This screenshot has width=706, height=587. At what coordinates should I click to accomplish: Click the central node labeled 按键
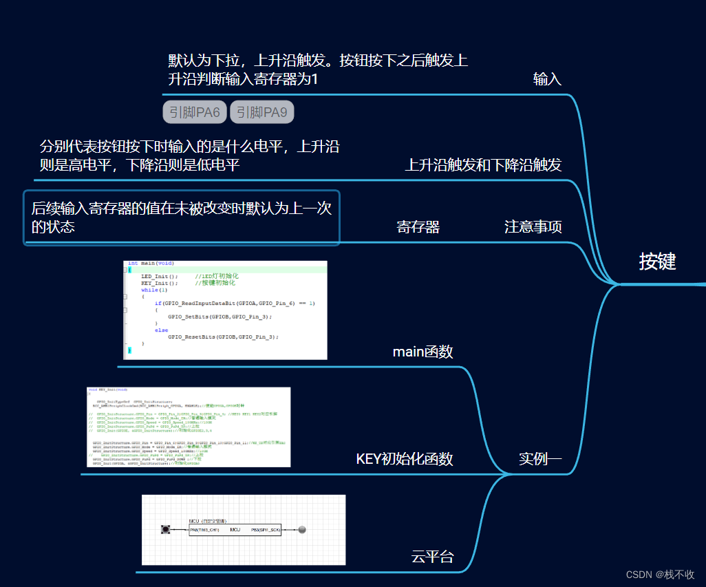click(x=657, y=262)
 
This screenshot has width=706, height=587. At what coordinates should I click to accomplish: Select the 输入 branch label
click(x=547, y=79)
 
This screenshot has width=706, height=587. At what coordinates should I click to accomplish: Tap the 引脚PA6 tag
click(x=194, y=112)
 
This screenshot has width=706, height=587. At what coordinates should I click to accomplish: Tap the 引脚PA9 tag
click(x=261, y=112)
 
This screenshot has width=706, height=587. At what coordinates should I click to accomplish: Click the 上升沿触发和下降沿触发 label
click(x=483, y=165)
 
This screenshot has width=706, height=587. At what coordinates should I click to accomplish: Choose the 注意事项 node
click(x=533, y=227)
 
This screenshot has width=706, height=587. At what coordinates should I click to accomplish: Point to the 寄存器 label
click(x=418, y=227)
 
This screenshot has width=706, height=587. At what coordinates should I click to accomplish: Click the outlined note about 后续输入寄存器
click(x=182, y=217)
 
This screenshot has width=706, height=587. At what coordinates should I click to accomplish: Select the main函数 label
click(x=422, y=352)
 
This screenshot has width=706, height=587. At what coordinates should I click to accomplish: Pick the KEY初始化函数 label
click(x=405, y=459)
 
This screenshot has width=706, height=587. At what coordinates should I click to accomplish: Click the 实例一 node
click(x=540, y=459)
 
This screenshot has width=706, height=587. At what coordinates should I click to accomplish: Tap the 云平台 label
click(x=432, y=557)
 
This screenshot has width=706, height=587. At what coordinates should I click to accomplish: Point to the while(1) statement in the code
click(x=154, y=290)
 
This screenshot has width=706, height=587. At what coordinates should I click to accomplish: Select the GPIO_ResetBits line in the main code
click(x=223, y=337)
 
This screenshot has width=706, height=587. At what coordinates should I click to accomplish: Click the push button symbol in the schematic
click(x=165, y=529)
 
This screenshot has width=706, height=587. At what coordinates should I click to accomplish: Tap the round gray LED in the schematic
click(x=301, y=530)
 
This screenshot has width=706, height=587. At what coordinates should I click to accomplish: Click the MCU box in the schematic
click(x=235, y=530)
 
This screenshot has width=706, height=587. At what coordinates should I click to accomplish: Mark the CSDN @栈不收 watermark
click(x=660, y=575)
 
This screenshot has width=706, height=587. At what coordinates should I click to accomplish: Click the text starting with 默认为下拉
click(x=318, y=70)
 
